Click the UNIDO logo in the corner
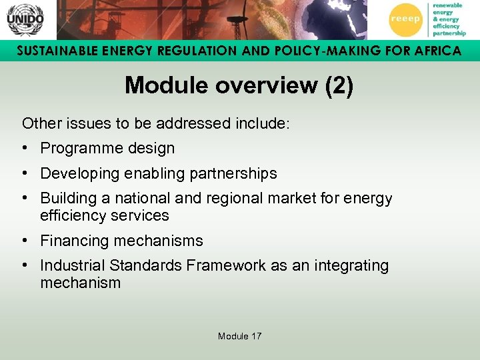pos(25,19)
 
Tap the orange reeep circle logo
pos(405,19)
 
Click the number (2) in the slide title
pos(338,85)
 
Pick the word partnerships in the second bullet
pos(233,173)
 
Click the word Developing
pos(75,173)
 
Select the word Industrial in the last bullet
pos(73,265)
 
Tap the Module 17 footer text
pos(239,336)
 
